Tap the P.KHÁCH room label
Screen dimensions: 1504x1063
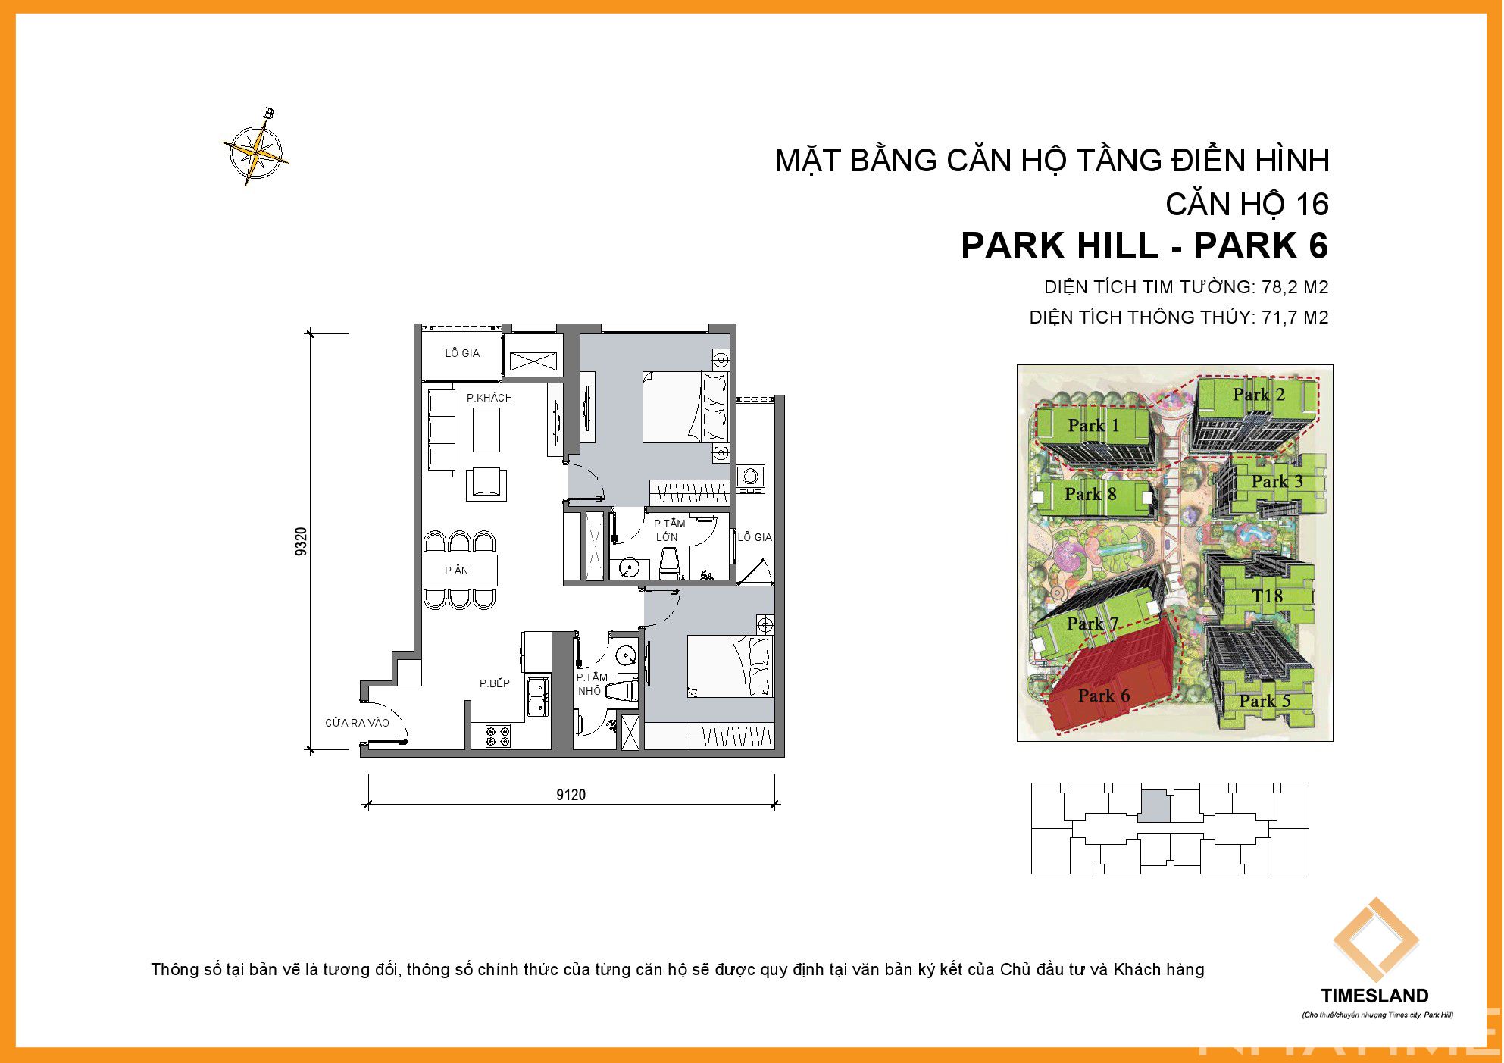pyautogui.click(x=489, y=398)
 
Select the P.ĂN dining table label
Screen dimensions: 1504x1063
pyautogui.click(x=456, y=571)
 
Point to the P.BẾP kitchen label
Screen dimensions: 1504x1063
pyautogui.click(x=494, y=683)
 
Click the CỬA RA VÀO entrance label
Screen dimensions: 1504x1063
pyautogui.click(x=357, y=723)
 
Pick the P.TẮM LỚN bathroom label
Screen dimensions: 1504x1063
pyautogui.click(x=669, y=530)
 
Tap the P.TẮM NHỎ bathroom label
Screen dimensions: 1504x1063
pyautogui.click(x=591, y=684)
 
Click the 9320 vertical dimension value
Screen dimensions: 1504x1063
pyautogui.click(x=302, y=542)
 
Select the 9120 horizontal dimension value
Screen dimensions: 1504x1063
pyautogui.click(x=571, y=794)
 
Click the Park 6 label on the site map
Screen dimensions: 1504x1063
pyautogui.click(x=1103, y=696)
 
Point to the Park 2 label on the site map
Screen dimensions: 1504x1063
pyautogui.click(x=1259, y=395)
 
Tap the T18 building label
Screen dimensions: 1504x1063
pyautogui.click(x=1268, y=596)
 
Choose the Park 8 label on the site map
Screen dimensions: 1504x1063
pyautogui.click(x=1090, y=494)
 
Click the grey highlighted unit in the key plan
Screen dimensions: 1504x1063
pyautogui.click(x=1154, y=805)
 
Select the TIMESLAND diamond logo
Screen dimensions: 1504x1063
pyautogui.click(x=1376, y=940)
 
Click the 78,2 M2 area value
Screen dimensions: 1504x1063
pyautogui.click(x=1295, y=287)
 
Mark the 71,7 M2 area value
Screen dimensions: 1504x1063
pyautogui.click(x=1295, y=317)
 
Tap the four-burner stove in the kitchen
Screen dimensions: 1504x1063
pyautogui.click(x=498, y=735)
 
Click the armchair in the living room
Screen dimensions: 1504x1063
pyautogui.click(x=486, y=483)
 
